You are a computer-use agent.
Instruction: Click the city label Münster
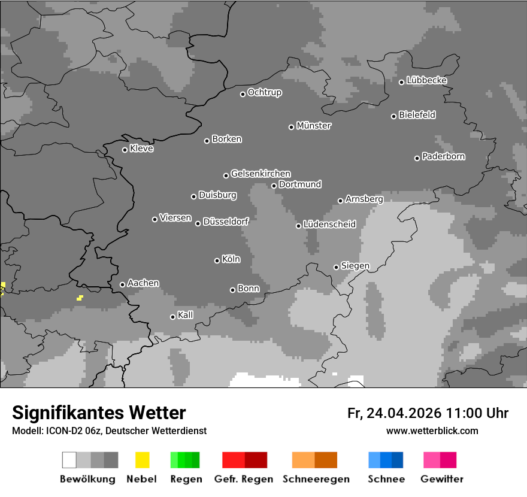(x=314, y=126)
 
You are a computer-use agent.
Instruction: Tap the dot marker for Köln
(x=217, y=260)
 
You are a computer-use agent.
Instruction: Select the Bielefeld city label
(x=417, y=115)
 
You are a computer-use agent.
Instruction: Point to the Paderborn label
(x=444, y=157)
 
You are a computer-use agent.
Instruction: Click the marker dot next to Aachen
(x=122, y=284)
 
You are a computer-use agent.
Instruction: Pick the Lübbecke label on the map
(x=427, y=80)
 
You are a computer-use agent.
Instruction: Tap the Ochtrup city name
(x=265, y=93)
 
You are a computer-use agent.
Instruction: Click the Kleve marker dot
(x=125, y=150)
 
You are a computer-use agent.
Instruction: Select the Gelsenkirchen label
(x=261, y=174)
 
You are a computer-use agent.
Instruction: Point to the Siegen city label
(x=355, y=266)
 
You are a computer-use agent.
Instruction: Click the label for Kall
(x=186, y=315)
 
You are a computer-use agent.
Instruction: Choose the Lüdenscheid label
(x=329, y=225)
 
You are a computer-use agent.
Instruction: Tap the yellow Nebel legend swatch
(x=142, y=460)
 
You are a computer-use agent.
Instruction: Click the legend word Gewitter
(x=442, y=479)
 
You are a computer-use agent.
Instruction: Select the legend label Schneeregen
(x=316, y=479)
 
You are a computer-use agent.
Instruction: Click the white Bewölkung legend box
(x=69, y=460)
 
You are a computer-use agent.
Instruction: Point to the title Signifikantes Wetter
(x=99, y=413)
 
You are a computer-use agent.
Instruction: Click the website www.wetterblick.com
(x=432, y=431)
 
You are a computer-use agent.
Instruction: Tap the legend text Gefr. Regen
(x=244, y=479)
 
